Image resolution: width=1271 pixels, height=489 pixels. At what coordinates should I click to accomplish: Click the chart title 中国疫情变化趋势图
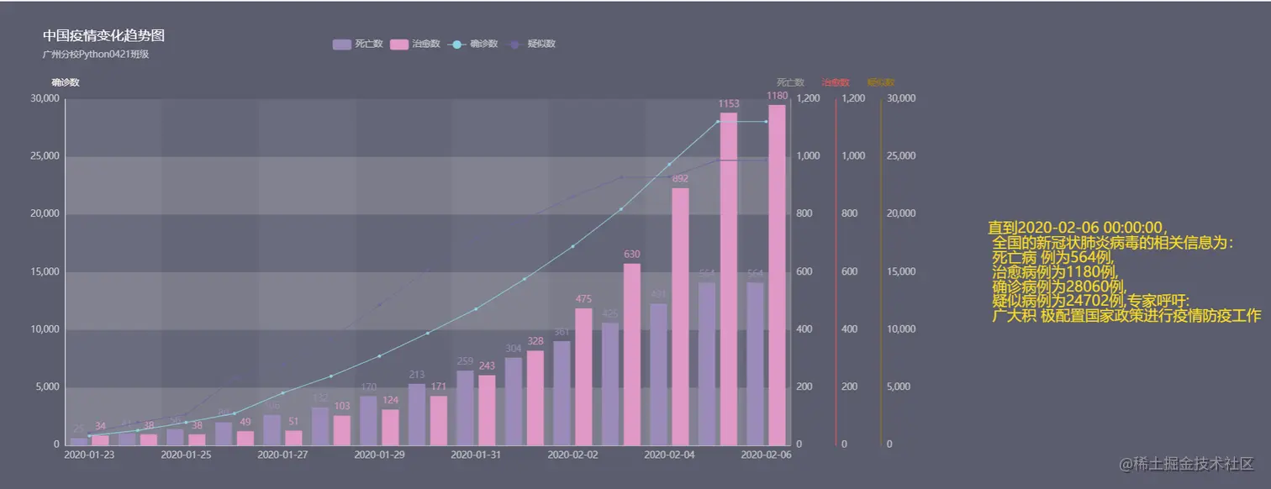click(103, 35)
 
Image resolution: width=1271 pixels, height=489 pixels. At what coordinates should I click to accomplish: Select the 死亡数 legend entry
click(358, 44)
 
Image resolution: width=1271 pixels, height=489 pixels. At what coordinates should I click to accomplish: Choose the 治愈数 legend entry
click(415, 44)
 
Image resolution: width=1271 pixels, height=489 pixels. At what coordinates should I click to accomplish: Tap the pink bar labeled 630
click(632, 354)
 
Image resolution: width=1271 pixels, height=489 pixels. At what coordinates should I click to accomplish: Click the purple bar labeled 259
click(465, 407)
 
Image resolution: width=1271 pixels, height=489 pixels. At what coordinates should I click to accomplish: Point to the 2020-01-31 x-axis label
click(476, 455)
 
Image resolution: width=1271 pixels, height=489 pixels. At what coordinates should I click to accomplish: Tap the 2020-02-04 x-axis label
click(669, 455)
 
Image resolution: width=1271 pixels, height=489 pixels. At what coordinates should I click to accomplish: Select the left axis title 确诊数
click(66, 82)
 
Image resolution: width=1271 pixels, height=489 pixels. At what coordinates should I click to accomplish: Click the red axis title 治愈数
click(836, 82)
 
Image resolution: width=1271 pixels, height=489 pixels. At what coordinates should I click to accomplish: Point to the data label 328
click(535, 341)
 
